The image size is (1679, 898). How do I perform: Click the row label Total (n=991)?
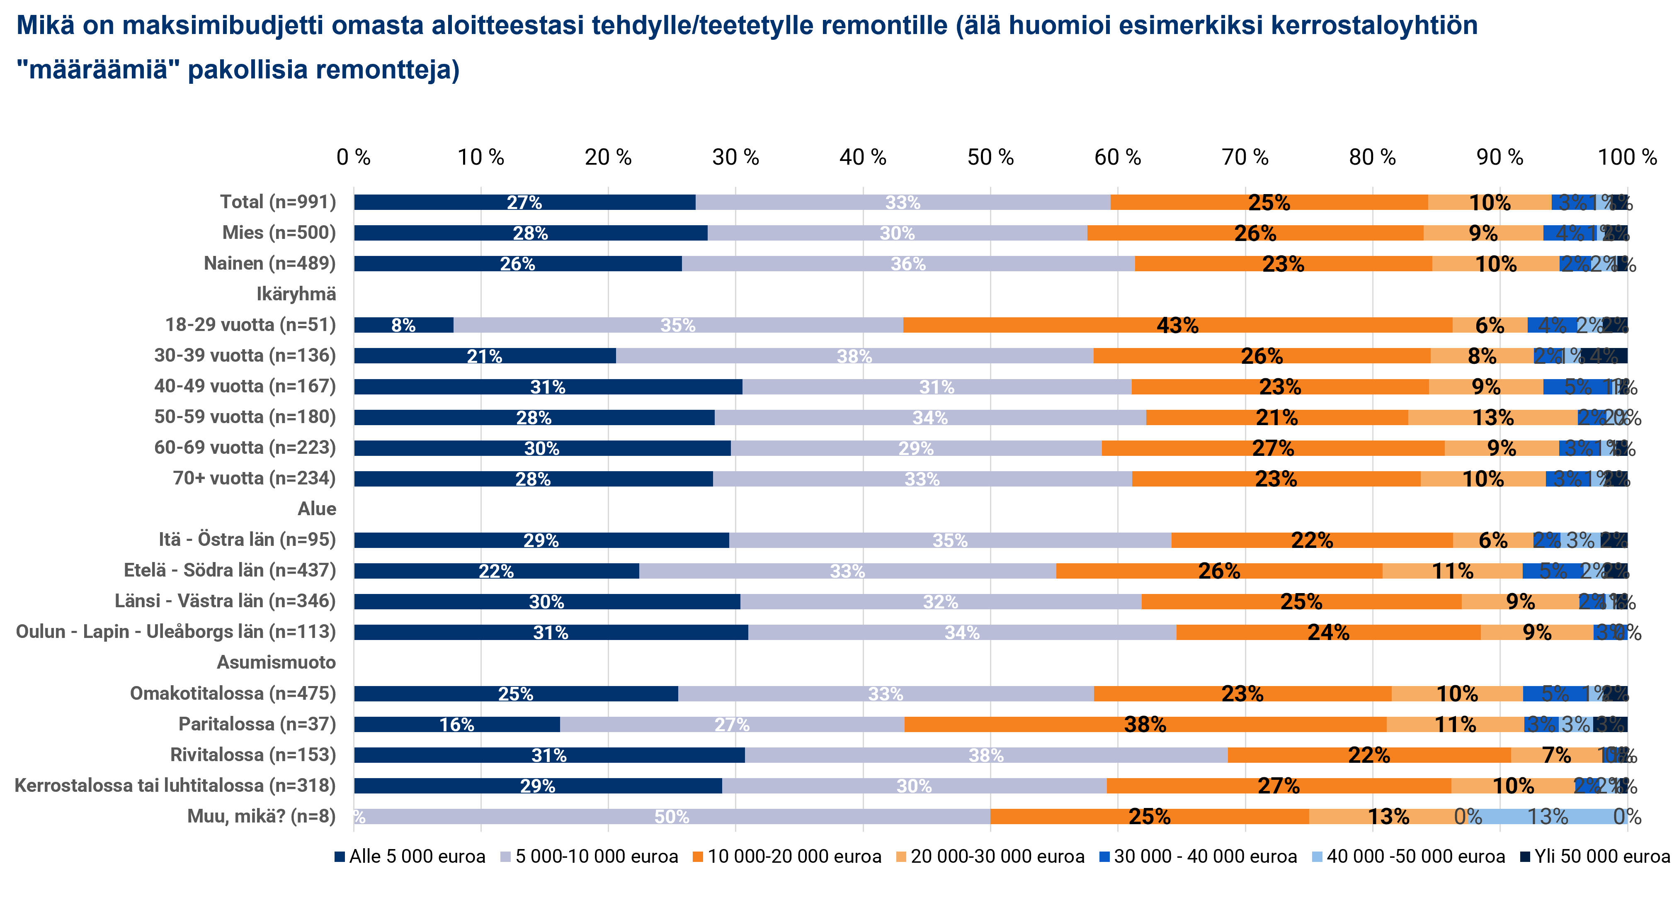click(x=278, y=202)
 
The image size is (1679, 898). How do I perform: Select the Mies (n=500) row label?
click(x=279, y=233)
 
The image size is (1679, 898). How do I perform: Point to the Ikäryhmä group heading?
click(x=296, y=294)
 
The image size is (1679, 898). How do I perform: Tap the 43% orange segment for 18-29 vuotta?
click(x=1177, y=325)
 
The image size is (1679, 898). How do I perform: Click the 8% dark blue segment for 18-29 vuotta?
click(x=403, y=325)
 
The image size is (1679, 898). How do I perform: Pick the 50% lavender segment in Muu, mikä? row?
click(x=672, y=816)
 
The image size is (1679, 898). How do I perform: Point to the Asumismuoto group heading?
click(x=277, y=662)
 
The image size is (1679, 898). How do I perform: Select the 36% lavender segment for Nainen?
click(x=908, y=263)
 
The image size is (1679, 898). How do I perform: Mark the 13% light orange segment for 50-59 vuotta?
click(x=1492, y=417)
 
